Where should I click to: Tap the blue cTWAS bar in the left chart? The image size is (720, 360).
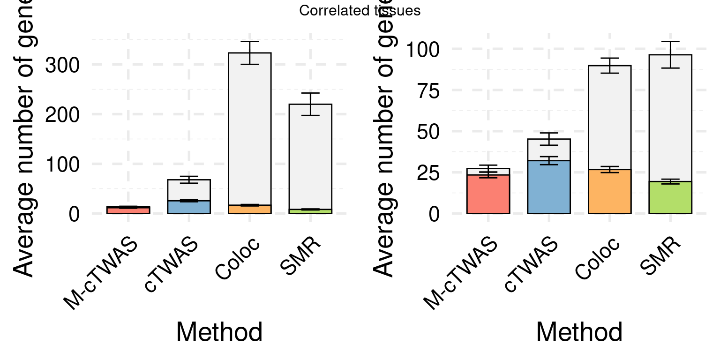(189, 207)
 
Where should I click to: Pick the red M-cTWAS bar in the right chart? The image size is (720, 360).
(488, 194)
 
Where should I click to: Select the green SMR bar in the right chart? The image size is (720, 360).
(670, 197)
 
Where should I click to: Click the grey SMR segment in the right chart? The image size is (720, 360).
(670, 118)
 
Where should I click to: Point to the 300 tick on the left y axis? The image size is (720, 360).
(61, 65)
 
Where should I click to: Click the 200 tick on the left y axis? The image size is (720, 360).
(61, 114)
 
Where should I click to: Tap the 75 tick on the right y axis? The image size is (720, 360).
(428, 90)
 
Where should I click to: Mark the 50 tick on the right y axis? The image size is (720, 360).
(428, 132)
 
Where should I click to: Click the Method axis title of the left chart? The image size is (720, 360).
(219, 332)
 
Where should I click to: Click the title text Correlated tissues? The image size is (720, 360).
(360, 11)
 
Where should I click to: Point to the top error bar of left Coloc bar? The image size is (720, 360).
(249, 42)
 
